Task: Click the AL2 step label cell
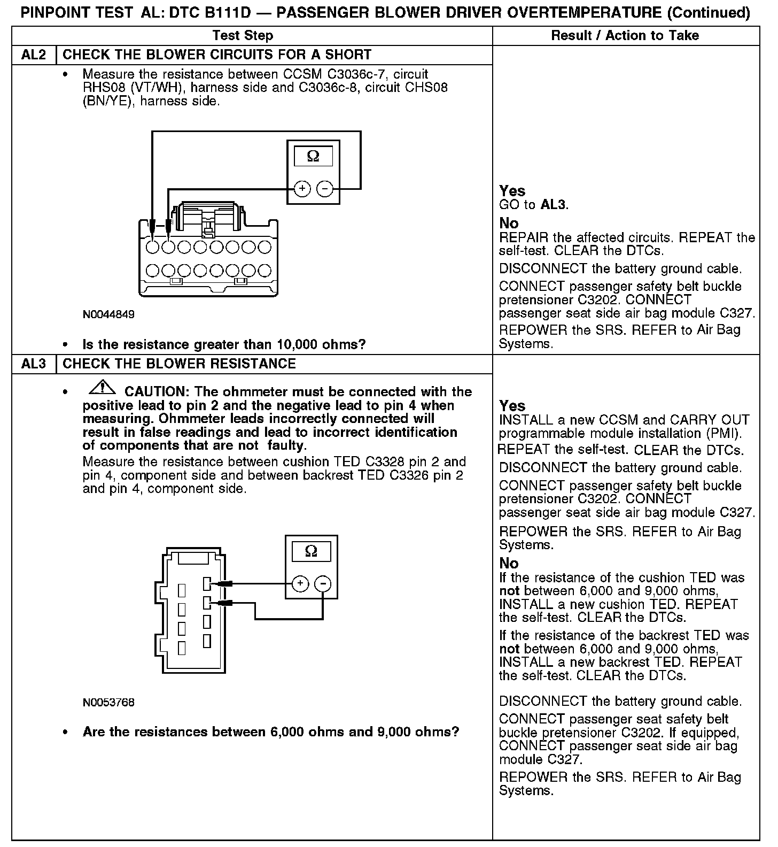(x=33, y=55)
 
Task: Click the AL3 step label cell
(x=33, y=364)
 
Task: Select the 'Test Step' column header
(x=243, y=36)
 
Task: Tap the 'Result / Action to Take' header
(x=625, y=36)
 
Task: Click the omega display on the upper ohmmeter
(x=313, y=157)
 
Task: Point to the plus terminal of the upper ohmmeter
(x=302, y=189)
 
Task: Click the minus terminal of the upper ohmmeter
(x=325, y=189)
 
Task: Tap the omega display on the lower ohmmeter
(x=311, y=551)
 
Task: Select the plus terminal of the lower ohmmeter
(x=300, y=583)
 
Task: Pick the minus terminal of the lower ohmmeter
(x=323, y=583)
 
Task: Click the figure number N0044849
(x=108, y=314)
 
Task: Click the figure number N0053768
(x=108, y=702)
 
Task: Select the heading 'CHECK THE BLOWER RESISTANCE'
(x=179, y=364)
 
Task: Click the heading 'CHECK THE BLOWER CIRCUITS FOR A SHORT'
(x=217, y=55)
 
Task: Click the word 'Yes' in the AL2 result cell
(x=512, y=191)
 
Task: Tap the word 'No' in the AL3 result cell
(x=509, y=564)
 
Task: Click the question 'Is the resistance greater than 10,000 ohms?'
(x=224, y=344)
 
